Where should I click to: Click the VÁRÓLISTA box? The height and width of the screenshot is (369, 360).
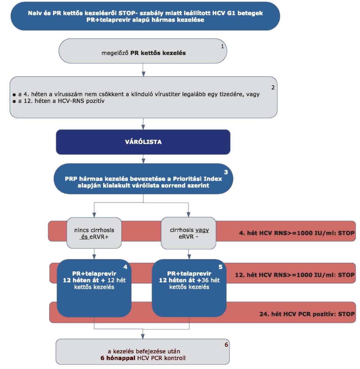point(143,142)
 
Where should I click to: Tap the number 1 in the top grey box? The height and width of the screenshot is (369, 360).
point(222,46)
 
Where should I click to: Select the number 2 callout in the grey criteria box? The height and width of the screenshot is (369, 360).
point(273,87)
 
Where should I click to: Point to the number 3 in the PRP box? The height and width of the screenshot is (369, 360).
point(226,172)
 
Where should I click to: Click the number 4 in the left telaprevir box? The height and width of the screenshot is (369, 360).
point(125,267)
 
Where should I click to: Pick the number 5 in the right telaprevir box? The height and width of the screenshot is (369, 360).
point(221,267)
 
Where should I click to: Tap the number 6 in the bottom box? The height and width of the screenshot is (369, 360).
point(226,345)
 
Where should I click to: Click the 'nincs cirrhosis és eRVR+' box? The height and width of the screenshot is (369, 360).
point(94,233)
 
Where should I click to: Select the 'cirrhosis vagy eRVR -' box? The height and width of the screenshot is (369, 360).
point(188,233)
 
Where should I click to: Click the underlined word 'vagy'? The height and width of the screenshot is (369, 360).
point(202,230)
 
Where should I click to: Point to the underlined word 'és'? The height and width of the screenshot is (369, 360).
point(85,237)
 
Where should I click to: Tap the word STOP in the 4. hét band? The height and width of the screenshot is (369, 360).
point(346,233)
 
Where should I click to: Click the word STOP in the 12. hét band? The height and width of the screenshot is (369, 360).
point(346,275)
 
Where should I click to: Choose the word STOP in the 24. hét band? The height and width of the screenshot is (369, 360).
point(346,314)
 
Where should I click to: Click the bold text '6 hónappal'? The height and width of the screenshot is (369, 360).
point(118,358)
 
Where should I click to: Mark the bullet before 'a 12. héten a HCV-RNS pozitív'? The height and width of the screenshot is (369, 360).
point(14,101)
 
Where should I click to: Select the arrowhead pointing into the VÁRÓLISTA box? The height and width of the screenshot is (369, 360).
point(143,127)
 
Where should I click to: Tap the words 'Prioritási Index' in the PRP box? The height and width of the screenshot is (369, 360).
point(197,179)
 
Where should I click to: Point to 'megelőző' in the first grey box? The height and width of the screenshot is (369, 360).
point(115,53)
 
